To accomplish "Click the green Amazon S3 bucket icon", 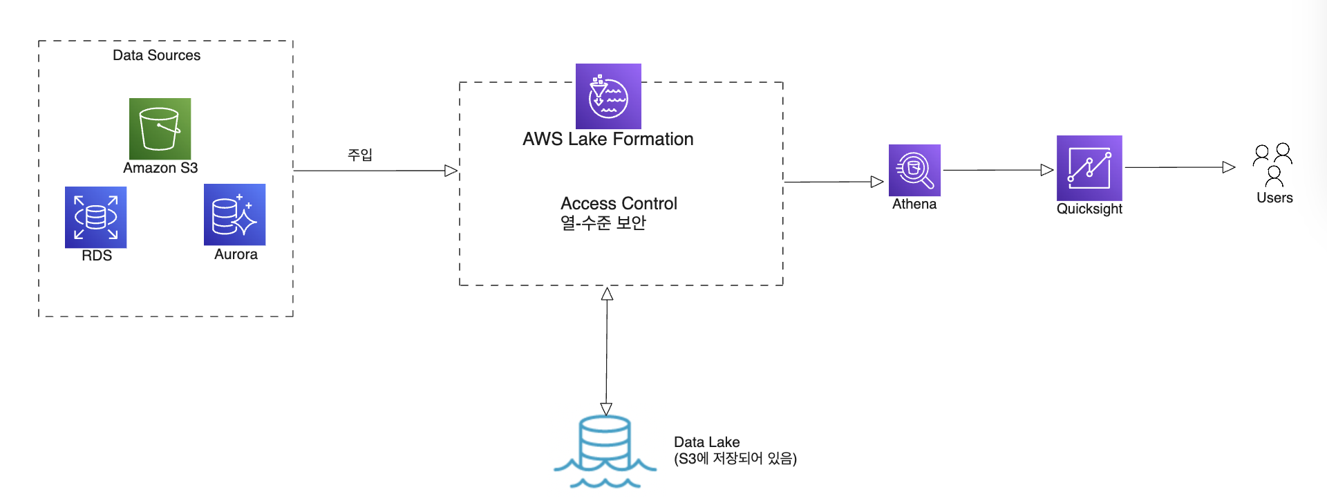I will click(160, 129).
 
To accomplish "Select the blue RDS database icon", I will click(95, 217).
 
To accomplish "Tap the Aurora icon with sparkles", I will click(234, 214).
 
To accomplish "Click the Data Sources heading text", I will click(156, 55).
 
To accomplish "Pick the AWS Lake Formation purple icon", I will click(608, 96).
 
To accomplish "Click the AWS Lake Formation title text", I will click(608, 139).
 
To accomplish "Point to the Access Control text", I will click(619, 203).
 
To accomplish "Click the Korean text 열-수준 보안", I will click(603, 222).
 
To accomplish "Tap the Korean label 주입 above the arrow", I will click(359, 155).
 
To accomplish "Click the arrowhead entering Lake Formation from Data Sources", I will click(451, 171).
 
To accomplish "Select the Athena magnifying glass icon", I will click(914, 170).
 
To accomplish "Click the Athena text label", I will click(914, 204).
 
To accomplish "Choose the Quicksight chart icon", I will click(1089, 168).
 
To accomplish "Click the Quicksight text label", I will click(1089, 209).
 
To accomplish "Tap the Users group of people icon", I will click(1273, 164).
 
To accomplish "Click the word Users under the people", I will click(1274, 198).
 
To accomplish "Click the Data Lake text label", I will click(706, 442).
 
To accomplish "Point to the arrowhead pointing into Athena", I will click(877, 182).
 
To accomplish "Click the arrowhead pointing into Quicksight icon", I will click(1047, 170).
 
